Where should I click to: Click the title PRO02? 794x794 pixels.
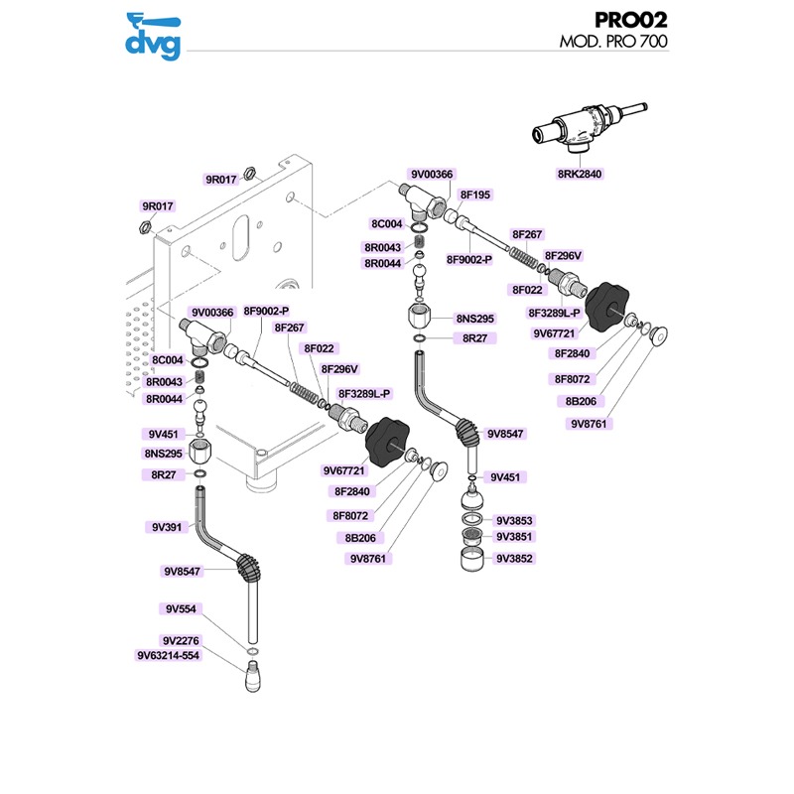(630, 20)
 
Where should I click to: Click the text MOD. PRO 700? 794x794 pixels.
(612, 43)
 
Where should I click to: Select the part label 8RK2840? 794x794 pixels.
(580, 174)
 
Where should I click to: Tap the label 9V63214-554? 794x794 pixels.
(168, 655)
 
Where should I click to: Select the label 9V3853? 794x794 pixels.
(514, 521)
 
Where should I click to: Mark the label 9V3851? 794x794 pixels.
(514, 538)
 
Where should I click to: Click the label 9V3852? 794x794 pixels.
(514, 558)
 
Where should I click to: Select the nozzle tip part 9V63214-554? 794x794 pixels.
(255, 680)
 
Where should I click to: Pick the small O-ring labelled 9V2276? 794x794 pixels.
(254, 653)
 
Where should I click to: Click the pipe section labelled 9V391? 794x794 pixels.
(204, 521)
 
